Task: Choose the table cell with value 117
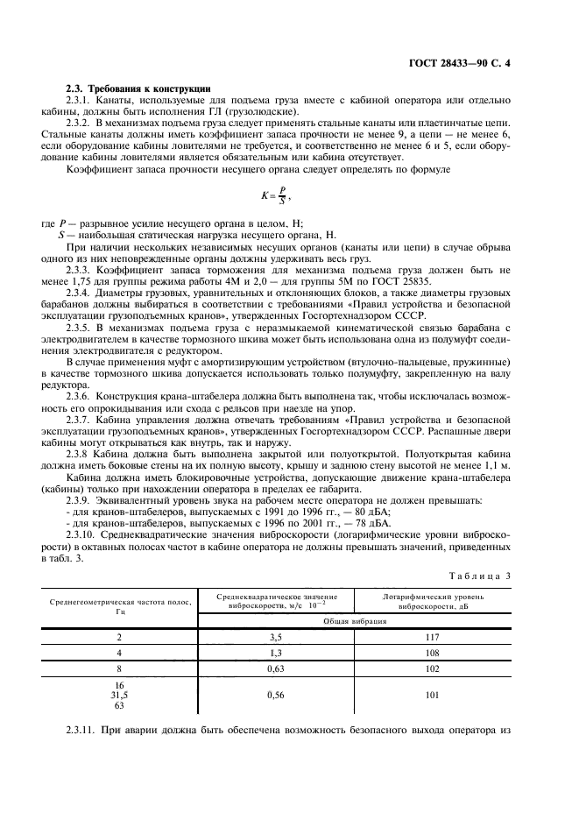pyautogui.click(x=431, y=637)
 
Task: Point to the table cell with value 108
pyautogui.click(x=431, y=653)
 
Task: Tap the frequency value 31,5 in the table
pyautogui.click(x=119, y=696)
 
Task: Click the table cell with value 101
pyautogui.click(x=431, y=696)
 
